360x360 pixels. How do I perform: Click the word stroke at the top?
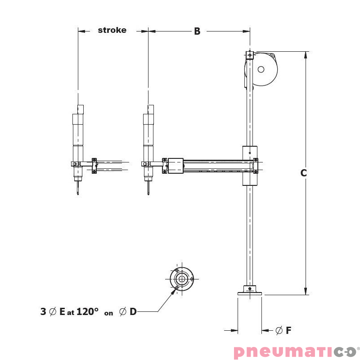(x=112, y=30)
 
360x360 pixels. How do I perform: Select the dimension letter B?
(x=197, y=31)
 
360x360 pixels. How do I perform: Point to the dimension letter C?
(x=303, y=173)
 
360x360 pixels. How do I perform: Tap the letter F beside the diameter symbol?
(x=288, y=330)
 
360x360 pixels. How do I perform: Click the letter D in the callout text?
(x=133, y=311)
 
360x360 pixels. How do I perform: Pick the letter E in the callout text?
(x=62, y=311)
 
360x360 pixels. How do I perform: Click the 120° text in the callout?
(x=87, y=311)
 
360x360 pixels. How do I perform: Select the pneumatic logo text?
(x=295, y=352)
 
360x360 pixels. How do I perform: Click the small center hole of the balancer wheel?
(x=261, y=69)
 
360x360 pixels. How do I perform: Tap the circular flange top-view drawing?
(x=182, y=279)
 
